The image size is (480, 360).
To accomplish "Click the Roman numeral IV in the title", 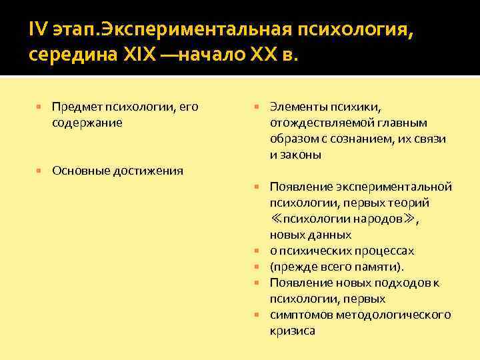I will click(37, 29).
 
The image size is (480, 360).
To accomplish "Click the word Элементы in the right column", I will click(297, 107).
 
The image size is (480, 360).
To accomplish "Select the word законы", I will click(301, 155).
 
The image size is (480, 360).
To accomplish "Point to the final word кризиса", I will click(293, 331).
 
